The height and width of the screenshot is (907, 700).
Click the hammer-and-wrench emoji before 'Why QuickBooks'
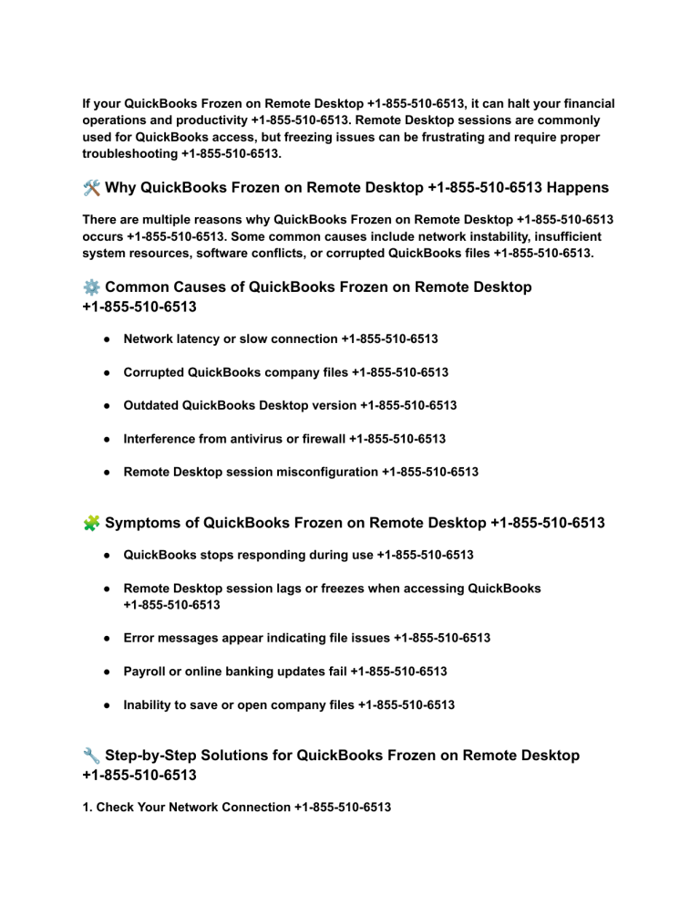point(91,188)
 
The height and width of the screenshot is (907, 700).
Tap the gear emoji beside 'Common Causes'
point(91,287)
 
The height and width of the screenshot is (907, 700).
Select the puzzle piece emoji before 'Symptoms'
point(91,524)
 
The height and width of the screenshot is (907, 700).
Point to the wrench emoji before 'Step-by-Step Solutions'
point(91,756)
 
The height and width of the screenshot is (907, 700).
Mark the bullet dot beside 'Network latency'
point(107,339)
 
